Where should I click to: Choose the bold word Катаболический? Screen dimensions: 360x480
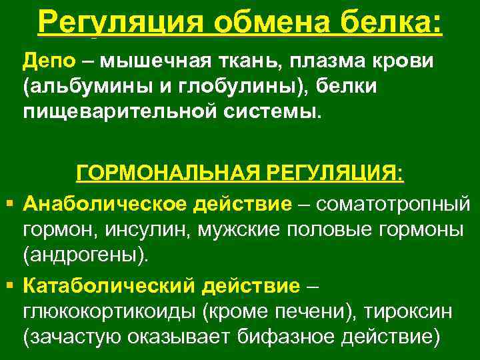106,286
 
